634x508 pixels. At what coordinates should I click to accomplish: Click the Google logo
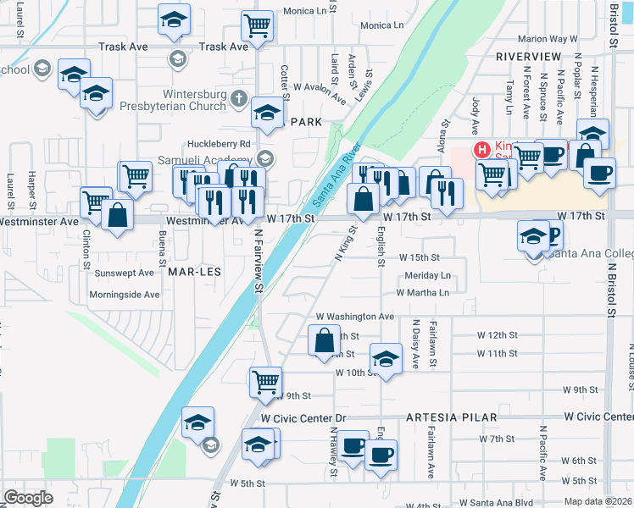click(x=28, y=498)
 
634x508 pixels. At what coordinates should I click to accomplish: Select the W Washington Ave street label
click(x=355, y=317)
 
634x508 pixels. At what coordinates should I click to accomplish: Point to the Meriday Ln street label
click(x=427, y=276)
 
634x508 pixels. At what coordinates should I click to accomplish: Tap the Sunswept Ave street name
click(x=125, y=273)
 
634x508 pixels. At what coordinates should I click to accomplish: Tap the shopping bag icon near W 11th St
click(x=325, y=341)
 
